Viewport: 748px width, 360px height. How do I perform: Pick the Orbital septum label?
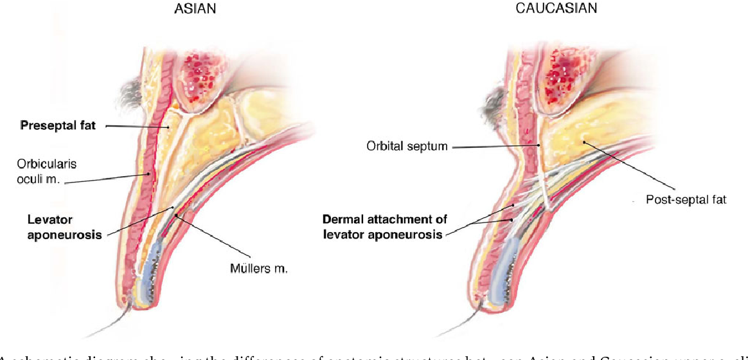click(x=406, y=147)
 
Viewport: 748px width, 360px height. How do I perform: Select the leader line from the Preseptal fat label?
click(x=135, y=127)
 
